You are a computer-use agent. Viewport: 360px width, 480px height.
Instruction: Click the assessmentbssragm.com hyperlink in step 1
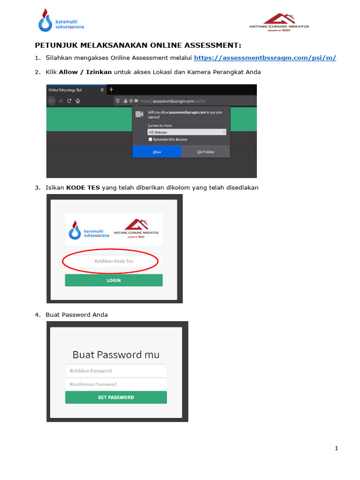(265, 58)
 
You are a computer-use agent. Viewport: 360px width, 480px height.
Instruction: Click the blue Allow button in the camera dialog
(157, 152)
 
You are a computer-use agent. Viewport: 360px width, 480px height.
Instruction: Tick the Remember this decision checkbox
(150, 140)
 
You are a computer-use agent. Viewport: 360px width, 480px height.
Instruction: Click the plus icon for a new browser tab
(111, 90)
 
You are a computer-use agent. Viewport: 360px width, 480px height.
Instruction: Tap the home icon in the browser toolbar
(78, 101)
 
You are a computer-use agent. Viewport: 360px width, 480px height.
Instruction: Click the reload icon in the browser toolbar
(69, 101)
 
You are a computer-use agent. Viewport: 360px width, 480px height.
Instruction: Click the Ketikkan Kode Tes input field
(114, 261)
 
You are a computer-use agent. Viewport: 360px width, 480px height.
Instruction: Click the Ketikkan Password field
(116, 371)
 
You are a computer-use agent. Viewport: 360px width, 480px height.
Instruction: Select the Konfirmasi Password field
(116, 384)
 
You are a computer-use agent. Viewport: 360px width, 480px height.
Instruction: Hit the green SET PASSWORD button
(116, 397)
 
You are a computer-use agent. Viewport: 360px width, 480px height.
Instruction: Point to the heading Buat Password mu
(116, 354)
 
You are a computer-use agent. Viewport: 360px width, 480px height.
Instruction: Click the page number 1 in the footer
(337, 449)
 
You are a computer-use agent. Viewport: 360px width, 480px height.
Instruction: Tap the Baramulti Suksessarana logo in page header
(61, 22)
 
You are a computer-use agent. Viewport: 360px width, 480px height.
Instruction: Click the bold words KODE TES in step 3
(83, 187)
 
